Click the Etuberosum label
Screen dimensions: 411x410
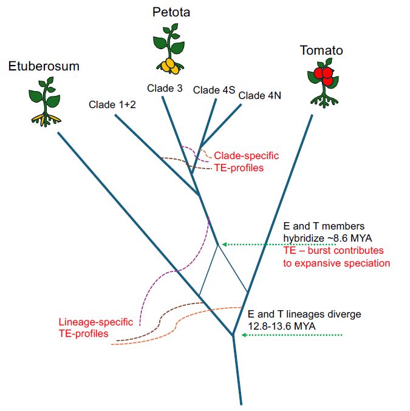(x=44, y=66)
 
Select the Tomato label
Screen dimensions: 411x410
(x=321, y=50)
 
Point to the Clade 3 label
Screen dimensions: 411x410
(x=165, y=88)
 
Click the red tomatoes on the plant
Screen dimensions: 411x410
(x=323, y=76)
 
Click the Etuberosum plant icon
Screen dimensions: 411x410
(x=44, y=100)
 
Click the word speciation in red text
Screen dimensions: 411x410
(x=364, y=263)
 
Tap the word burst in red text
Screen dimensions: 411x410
(x=323, y=250)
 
